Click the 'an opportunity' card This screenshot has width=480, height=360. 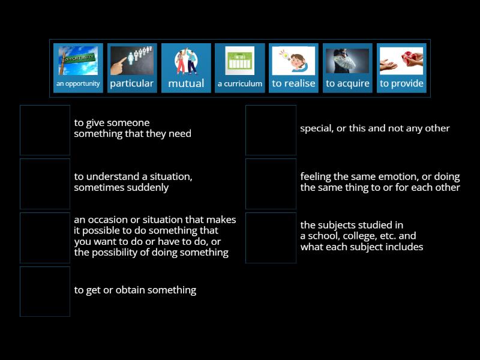78,68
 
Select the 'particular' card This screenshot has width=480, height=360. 132,68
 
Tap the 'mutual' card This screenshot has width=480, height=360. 186,68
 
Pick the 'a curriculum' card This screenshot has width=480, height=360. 240,68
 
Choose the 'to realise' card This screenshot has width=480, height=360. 293,68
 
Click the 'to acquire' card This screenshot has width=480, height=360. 347,68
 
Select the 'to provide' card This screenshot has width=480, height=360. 401,68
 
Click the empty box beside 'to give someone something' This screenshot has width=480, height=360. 45,130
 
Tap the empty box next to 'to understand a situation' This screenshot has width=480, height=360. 45,184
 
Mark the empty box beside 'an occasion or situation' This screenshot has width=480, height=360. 45,238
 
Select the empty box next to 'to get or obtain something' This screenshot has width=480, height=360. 45,292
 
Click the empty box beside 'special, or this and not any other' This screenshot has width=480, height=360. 271,130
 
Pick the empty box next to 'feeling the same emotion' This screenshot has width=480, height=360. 271,184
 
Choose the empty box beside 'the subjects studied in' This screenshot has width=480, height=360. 271,238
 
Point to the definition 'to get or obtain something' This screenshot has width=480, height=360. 135,290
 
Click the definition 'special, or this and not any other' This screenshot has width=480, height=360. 374,128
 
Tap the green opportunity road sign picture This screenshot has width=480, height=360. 78,61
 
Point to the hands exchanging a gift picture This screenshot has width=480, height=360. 401,61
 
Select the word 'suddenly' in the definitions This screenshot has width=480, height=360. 148,188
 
